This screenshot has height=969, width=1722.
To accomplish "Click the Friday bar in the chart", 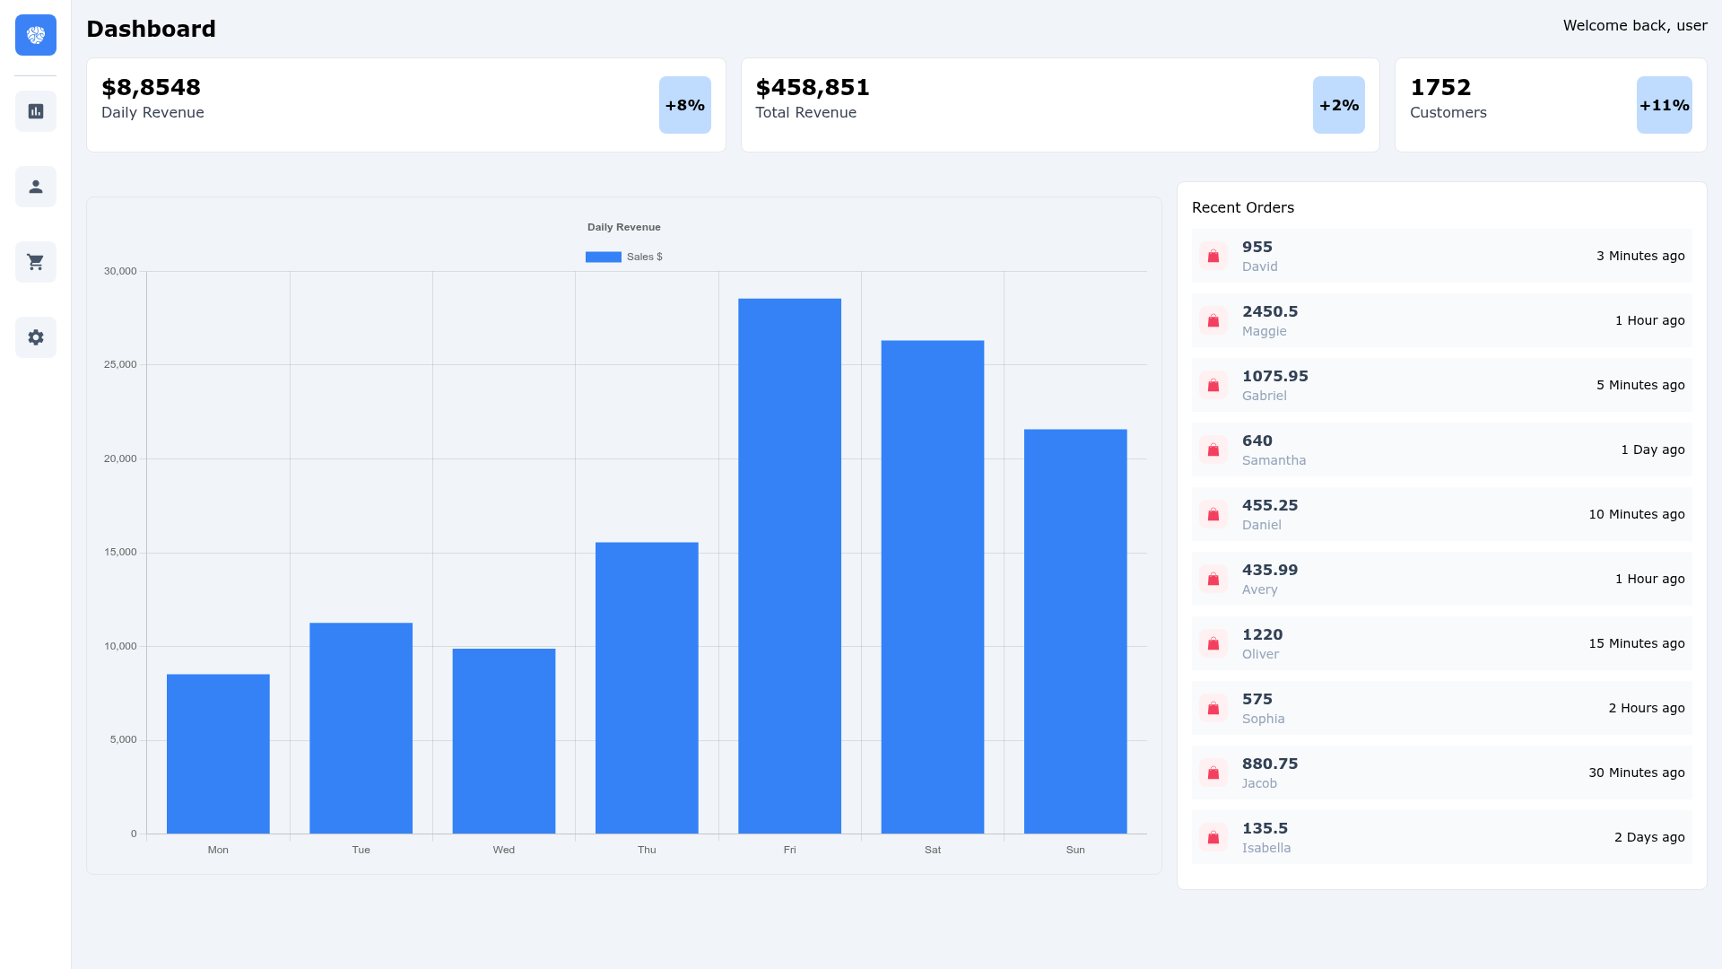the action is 789,566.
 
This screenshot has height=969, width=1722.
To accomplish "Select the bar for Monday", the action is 218,754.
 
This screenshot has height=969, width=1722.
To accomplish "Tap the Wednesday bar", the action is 504,741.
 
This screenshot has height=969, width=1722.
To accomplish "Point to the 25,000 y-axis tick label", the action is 120,364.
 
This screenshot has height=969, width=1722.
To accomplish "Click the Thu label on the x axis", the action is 647,850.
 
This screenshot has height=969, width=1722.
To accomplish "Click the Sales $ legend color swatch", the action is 604,257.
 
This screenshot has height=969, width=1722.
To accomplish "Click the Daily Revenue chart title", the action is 624,227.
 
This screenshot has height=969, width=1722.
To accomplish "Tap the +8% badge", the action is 685,105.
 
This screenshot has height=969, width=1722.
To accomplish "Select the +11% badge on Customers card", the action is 1665,105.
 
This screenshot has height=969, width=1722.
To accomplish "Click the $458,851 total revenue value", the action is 813,87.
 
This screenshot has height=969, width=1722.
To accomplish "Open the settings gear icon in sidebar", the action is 36,337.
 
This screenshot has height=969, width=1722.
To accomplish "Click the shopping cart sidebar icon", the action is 36,262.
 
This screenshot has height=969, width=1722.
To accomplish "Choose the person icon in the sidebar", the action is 36,187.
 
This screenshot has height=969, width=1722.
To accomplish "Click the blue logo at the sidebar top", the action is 36,35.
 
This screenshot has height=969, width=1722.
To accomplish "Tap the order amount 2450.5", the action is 1270,311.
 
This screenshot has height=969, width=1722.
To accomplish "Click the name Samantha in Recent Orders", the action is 1274,460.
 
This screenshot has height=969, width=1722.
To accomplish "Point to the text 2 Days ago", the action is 1649,837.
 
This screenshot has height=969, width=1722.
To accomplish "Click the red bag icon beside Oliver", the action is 1213,643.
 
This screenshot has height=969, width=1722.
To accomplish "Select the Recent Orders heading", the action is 1243,207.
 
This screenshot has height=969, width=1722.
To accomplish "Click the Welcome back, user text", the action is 1635,25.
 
